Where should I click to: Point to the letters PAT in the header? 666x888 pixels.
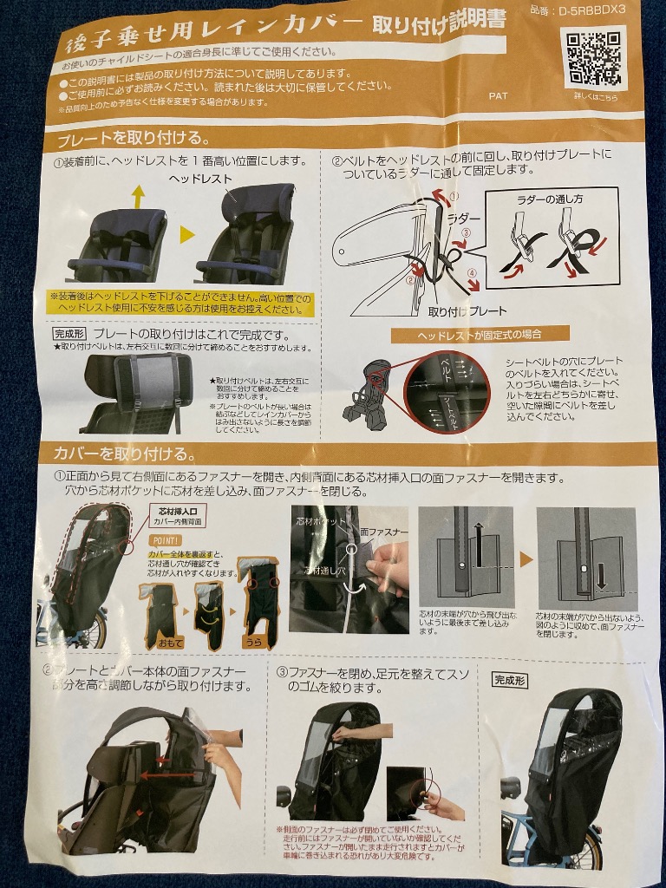498,95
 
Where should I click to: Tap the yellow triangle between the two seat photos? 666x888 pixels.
185,236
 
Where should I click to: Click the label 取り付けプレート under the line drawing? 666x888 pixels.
467,310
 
